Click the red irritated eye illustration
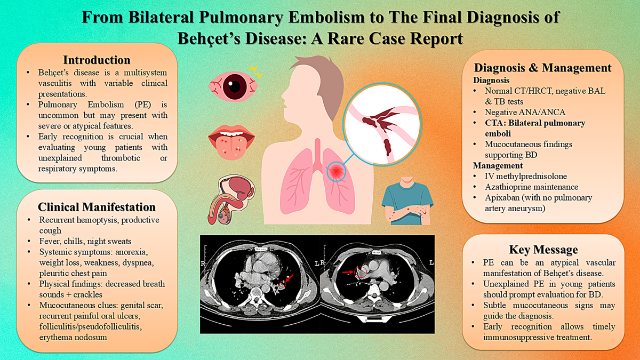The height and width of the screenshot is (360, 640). tap(234, 86)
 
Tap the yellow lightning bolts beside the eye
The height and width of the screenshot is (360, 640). tap(255, 71)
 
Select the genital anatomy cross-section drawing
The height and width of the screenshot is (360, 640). tap(231, 199)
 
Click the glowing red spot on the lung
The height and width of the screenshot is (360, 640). tap(337, 171)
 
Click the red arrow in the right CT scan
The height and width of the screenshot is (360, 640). tap(348, 273)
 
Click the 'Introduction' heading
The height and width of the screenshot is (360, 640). tap(97, 60)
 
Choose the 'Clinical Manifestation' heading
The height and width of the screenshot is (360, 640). tap(97, 207)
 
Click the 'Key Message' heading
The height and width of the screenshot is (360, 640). tap(543, 250)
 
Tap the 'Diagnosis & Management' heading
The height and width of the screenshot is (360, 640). tap(542, 68)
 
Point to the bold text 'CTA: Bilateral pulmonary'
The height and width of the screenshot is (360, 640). tap(535, 123)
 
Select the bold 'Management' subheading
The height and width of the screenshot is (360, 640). tap(498, 165)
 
